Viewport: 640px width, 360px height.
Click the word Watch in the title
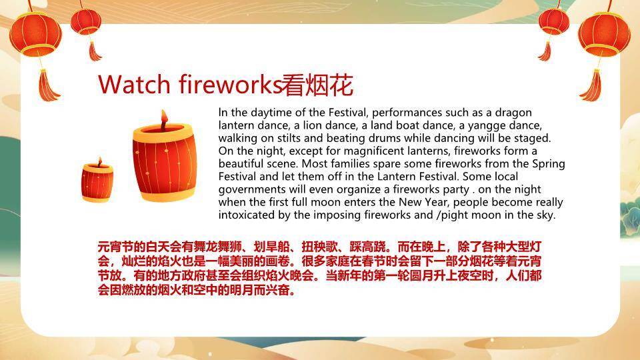coord(134,85)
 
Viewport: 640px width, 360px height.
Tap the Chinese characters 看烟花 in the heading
coord(317,85)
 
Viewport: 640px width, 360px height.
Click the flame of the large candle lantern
coord(164,119)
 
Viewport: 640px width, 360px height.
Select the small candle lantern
coord(97,181)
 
